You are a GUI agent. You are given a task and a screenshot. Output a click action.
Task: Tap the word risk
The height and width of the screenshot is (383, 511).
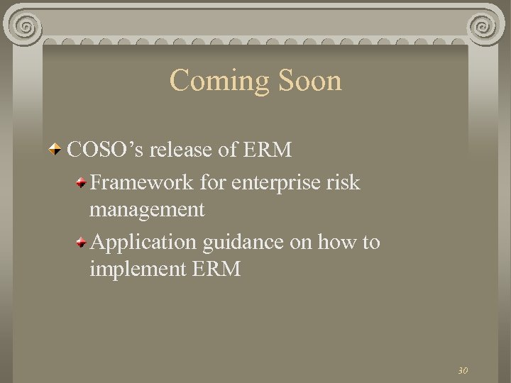(344, 182)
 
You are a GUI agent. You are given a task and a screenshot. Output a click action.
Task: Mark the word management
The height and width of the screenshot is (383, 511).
(147, 209)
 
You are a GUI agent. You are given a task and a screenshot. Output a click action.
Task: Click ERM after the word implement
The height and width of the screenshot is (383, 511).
(216, 269)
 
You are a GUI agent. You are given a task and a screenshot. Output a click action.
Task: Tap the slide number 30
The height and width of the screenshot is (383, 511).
(463, 370)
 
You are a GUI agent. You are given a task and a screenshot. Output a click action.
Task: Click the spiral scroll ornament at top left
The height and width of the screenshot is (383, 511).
(25, 28)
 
